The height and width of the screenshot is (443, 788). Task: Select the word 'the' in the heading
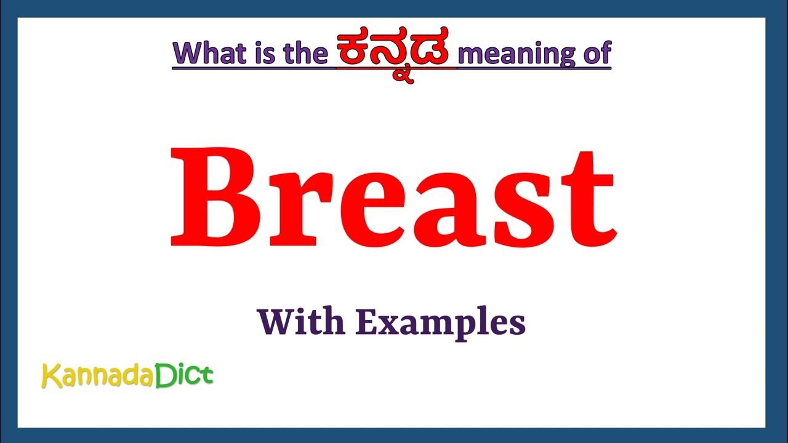pyautogui.click(x=304, y=54)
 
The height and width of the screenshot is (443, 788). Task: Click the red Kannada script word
pyautogui.click(x=396, y=52)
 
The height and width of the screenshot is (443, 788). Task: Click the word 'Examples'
pyautogui.click(x=440, y=324)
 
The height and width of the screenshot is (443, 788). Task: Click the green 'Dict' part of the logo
pyautogui.click(x=183, y=375)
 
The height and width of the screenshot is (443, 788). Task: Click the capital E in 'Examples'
pyautogui.click(x=364, y=321)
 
